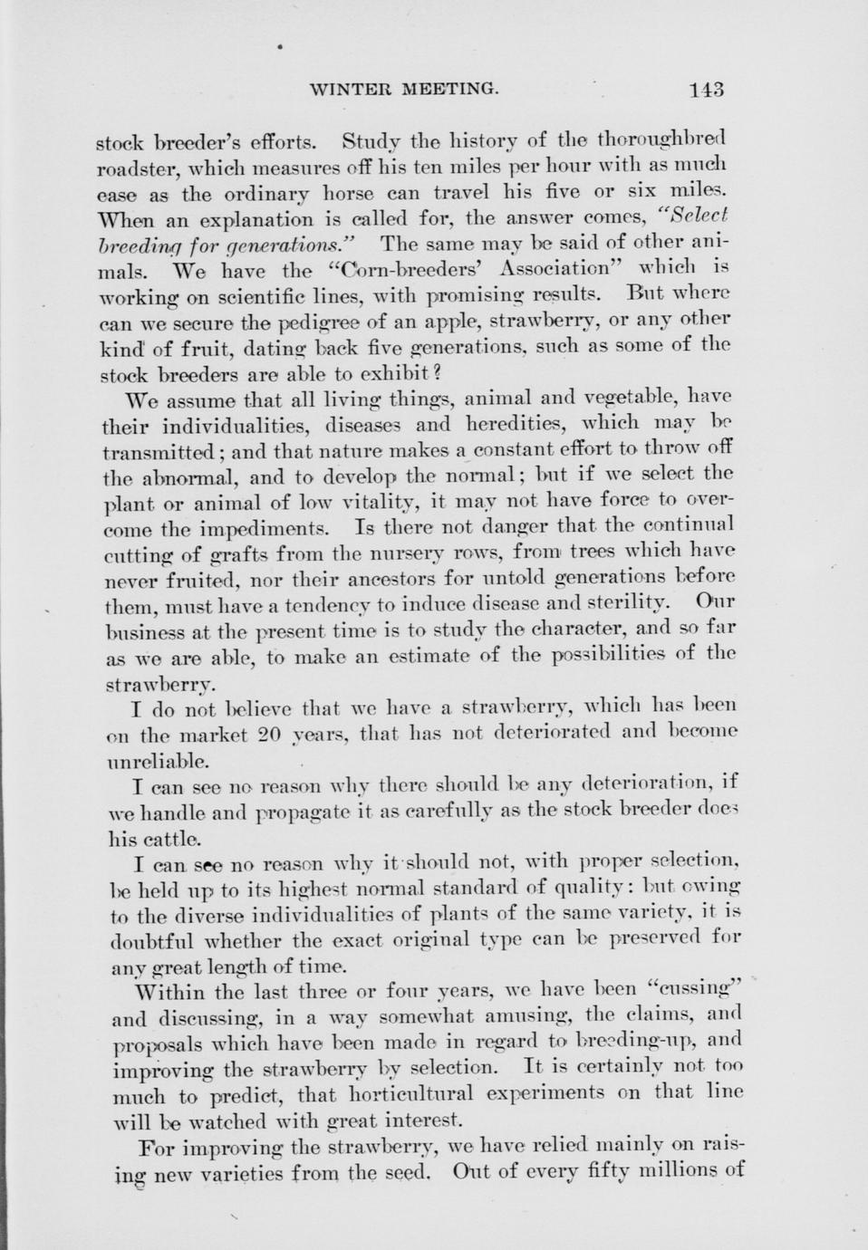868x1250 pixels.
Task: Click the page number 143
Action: [x=705, y=89]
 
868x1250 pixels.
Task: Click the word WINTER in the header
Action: [x=347, y=89]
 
